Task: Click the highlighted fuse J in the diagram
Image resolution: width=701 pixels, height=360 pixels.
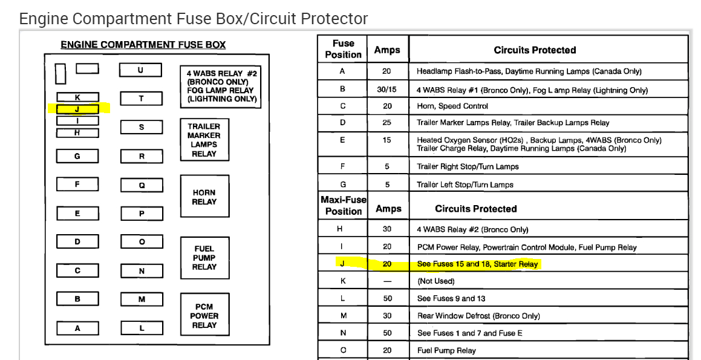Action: coord(77,110)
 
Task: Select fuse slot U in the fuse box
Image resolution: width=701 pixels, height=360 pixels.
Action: coord(140,70)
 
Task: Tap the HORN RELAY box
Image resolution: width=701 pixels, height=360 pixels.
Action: coord(204,197)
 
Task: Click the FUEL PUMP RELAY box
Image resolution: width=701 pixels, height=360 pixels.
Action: coord(204,258)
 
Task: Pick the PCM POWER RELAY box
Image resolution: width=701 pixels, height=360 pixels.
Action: coord(204,315)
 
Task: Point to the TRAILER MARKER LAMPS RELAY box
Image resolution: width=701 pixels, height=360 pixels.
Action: coord(204,140)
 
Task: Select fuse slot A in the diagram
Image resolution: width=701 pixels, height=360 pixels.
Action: coord(77,328)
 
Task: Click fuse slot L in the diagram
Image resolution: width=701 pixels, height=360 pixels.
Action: coord(142,328)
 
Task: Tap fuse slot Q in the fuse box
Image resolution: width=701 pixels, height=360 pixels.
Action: coord(142,185)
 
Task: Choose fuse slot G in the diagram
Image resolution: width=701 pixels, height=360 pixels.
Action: coord(77,156)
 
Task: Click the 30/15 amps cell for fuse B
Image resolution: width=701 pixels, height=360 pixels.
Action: coord(387,90)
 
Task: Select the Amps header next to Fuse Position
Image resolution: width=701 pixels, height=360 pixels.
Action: coord(387,50)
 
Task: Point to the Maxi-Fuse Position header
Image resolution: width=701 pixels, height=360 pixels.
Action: coord(344,205)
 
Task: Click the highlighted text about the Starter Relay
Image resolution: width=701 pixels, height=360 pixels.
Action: coord(477,264)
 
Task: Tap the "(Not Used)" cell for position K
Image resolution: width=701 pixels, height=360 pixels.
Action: coord(435,281)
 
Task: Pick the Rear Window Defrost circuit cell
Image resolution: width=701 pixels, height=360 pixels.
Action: coord(478,316)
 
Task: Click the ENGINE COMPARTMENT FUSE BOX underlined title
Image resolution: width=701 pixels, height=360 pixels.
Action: coord(143,45)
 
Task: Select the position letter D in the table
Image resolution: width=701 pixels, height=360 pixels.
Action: coord(342,123)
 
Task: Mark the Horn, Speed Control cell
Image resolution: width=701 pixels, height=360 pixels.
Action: coord(452,106)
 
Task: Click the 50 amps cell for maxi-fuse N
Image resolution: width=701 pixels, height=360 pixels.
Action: coord(387,333)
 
